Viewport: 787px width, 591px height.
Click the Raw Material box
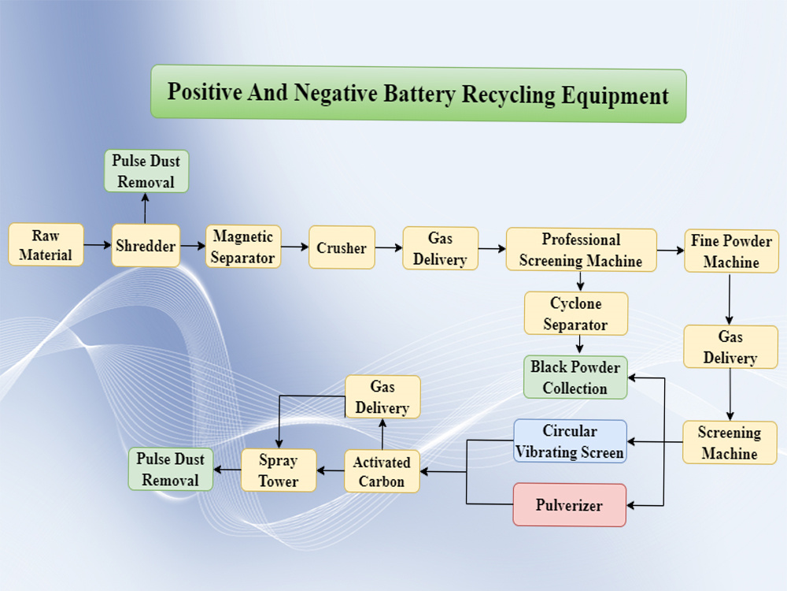click(x=46, y=245)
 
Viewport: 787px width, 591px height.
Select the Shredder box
click(x=146, y=246)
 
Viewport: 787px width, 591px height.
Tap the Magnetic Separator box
click(x=243, y=247)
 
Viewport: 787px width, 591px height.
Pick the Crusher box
click(x=342, y=247)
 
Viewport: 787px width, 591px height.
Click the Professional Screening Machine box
click(x=582, y=250)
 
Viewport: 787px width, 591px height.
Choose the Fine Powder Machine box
click(x=731, y=251)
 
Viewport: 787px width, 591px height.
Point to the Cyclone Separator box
click(x=576, y=314)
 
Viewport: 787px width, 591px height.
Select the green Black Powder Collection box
click(x=575, y=377)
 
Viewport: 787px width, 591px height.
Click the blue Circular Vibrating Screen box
click(x=570, y=441)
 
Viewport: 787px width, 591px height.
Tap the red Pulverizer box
click(x=569, y=505)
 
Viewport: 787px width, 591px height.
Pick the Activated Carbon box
click(x=382, y=471)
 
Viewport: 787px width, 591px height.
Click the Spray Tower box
click(x=279, y=470)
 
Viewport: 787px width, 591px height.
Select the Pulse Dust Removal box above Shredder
click(x=146, y=171)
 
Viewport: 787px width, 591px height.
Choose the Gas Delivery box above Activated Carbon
click(x=382, y=397)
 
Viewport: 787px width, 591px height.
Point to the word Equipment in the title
click(x=615, y=95)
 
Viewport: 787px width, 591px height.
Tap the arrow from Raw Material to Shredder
click(x=98, y=245)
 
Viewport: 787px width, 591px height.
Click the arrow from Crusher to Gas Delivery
click(x=389, y=247)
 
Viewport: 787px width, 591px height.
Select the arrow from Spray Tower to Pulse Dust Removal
click(x=227, y=470)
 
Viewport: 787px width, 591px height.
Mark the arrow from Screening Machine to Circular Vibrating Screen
click(x=655, y=442)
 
